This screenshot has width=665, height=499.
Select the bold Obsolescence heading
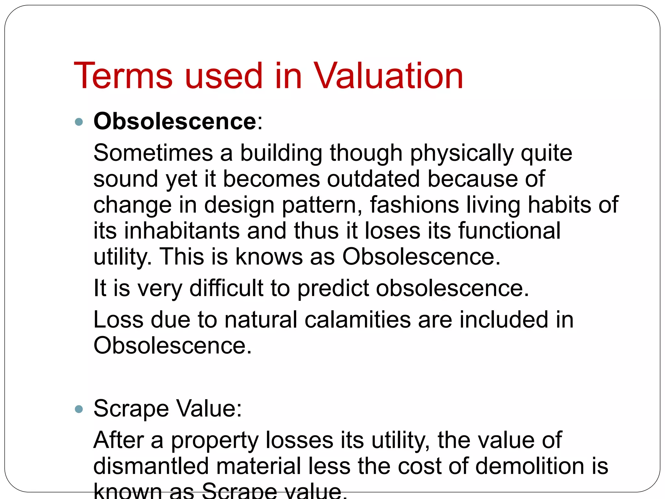pyautogui.click(x=175, y=121)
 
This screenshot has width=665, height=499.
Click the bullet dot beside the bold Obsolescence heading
pyautogui.click(x=79, y=122)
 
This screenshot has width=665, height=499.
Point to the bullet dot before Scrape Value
pyautogui.click(x=79, y=409)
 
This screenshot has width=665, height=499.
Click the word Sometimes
pyautogui.click(x=153, y=153)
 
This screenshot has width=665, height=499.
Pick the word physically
pyautogui.click(x=462, y=153)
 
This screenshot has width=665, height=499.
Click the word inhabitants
pyautogui.click(x=182, y=231)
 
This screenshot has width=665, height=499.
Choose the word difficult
pyautogui.click(x=226, y=288)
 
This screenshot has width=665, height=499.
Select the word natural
pyautogui.click(x=261, y=320)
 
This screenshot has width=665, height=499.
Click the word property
pyautogui.click(x=214, y=441)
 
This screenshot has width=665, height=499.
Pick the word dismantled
pyautogui.click(x=151, y=466)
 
